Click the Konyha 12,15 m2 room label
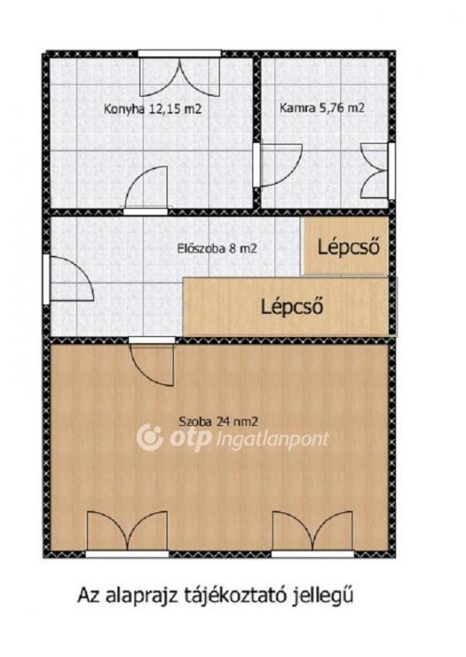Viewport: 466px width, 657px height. [x=153, y=109]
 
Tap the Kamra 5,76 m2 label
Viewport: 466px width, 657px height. [x=322, y=108]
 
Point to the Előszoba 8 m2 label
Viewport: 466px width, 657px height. [x=217, y=248]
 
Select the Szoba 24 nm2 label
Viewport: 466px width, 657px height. [x=218, y=421]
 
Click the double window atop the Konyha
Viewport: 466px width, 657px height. [x=180, y=74]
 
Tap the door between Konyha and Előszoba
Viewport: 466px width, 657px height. [x=145, y=189]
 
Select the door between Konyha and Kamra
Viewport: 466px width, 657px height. [x=278, y=164]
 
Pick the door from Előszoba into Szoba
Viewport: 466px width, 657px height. [x=151, y=361]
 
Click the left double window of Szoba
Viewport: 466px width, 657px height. [x=127, y=534]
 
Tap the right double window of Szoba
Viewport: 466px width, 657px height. [x=313, y=534]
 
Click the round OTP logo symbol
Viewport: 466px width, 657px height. [x=150, y=437]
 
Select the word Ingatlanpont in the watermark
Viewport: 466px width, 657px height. [x=274, y=440]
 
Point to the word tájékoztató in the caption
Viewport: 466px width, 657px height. [x=239, y=595]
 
